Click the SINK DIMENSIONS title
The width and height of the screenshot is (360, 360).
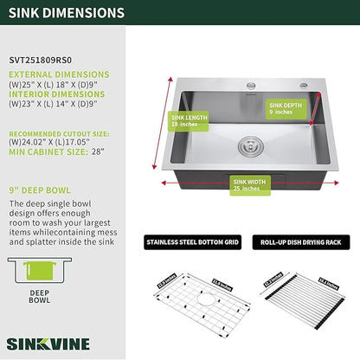67,14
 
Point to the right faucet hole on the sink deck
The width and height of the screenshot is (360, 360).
305,85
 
